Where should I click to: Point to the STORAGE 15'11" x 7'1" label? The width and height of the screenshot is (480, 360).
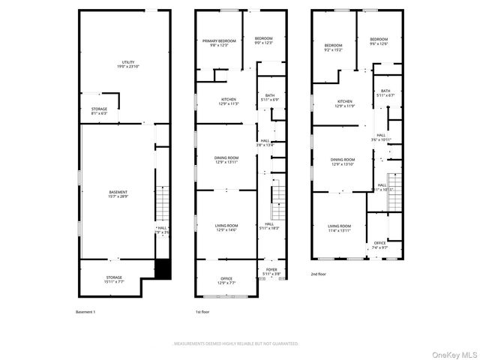[114, 279]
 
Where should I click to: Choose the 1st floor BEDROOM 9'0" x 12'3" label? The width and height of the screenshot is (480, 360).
[263, 40]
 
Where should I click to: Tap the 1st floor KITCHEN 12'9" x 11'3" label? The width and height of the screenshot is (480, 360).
[228, 101]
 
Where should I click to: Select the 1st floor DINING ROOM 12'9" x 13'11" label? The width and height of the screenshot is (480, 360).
[226, 160]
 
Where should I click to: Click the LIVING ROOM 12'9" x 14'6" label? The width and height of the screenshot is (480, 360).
[226, 227]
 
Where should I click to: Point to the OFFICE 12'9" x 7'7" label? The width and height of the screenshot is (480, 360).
[226, 280]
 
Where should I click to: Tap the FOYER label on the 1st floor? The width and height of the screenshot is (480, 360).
[271, 272]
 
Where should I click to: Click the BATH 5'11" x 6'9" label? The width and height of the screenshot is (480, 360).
[270, 97]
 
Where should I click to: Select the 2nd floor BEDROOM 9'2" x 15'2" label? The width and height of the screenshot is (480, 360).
[333, 47]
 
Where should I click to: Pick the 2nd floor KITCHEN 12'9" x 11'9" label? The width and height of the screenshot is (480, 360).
[344, 103]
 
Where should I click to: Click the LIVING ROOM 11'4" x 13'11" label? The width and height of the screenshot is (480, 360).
[339, 228]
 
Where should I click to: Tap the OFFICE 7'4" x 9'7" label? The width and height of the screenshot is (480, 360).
[380, 245]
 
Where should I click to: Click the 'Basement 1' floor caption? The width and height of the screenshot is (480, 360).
[86, 311]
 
